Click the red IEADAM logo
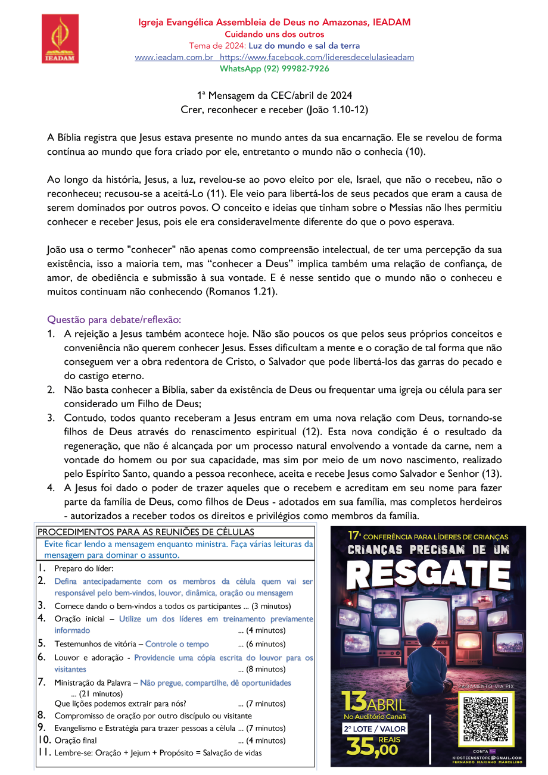[60, 39]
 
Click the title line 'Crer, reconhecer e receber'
[274, 110]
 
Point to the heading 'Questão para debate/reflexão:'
[114, 319]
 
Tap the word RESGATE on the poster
[428, 574]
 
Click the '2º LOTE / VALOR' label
[374, 729]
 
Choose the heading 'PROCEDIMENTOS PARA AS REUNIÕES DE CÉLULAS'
[146, 532]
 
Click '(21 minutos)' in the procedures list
[97, 693]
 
